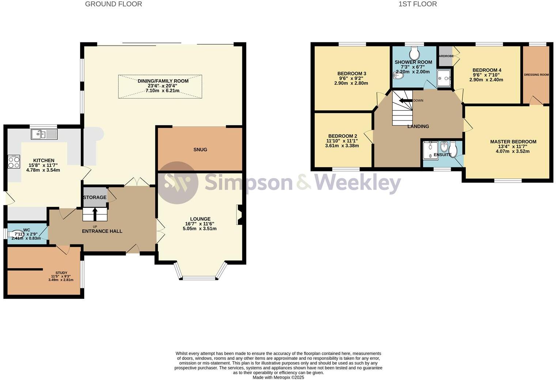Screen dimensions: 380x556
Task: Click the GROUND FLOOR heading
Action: point(113,4)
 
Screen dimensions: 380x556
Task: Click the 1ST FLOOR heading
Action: point(417,4)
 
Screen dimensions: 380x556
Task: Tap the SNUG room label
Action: point(200,149)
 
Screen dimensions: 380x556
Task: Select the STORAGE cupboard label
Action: point(95,197)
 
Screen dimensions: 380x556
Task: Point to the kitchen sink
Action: point(44,134)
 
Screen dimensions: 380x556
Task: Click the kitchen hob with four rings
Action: point(14,161)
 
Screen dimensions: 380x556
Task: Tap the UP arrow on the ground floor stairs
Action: point(95,214)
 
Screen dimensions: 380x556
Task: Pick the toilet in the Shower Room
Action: point(414,53)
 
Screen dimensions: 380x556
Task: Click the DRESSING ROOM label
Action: point(536,75)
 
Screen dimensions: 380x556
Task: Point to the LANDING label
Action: point(418,126)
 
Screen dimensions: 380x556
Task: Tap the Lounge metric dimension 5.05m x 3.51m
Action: point(200,229)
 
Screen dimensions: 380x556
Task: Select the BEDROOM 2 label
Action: point(343,136)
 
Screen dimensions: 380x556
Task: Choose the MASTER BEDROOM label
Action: point(513,142)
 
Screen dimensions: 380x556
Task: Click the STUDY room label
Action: point(61,273)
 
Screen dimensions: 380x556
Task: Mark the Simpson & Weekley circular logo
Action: point(178,182)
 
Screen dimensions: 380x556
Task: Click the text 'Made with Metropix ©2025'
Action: point(278,377)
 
